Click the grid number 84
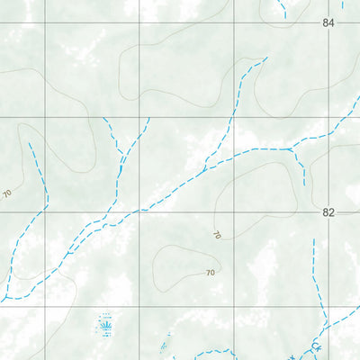point(328,22)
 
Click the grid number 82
point(328,213)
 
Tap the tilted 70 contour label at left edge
point(7,193)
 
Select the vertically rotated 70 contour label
point(217,235)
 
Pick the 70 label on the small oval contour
point(211,272)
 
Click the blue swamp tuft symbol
point(105,322)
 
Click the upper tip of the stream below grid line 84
point(267,59)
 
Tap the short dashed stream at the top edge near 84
point(282,10)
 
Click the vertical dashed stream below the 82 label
point(312,270)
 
